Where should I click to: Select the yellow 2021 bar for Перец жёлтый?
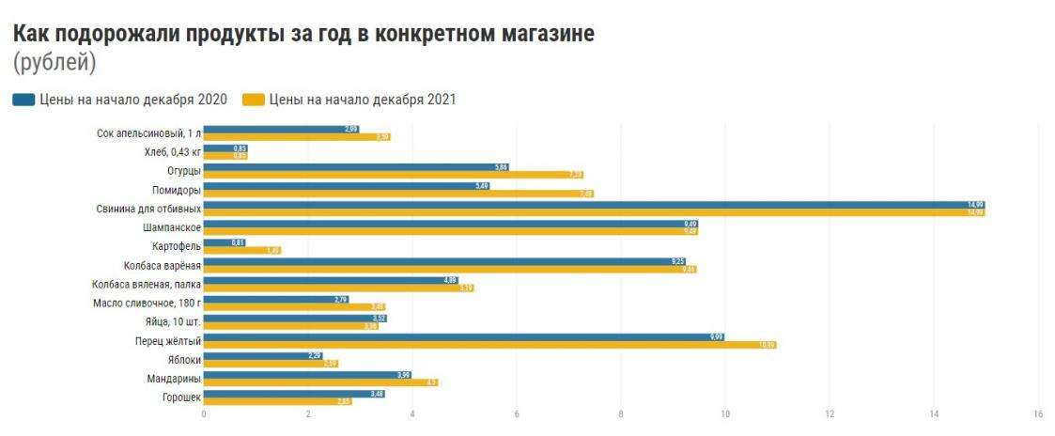coord(489,345)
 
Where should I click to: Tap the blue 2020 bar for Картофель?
coord(225,242)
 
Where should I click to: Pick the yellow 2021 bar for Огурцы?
coord(394,175)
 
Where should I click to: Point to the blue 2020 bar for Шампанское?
coord(450,224)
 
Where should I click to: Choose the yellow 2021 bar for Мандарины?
coord(320,382)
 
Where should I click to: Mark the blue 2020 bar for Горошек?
coord(294,394)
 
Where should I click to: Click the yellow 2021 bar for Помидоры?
coord(398,194)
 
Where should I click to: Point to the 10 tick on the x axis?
coord(725,413)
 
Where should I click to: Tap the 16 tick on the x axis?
coord(1038,413)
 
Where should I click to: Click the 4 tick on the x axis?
coord(412,413)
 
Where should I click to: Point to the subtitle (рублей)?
coord(54,64)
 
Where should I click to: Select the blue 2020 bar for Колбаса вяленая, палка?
coord(331,280)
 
